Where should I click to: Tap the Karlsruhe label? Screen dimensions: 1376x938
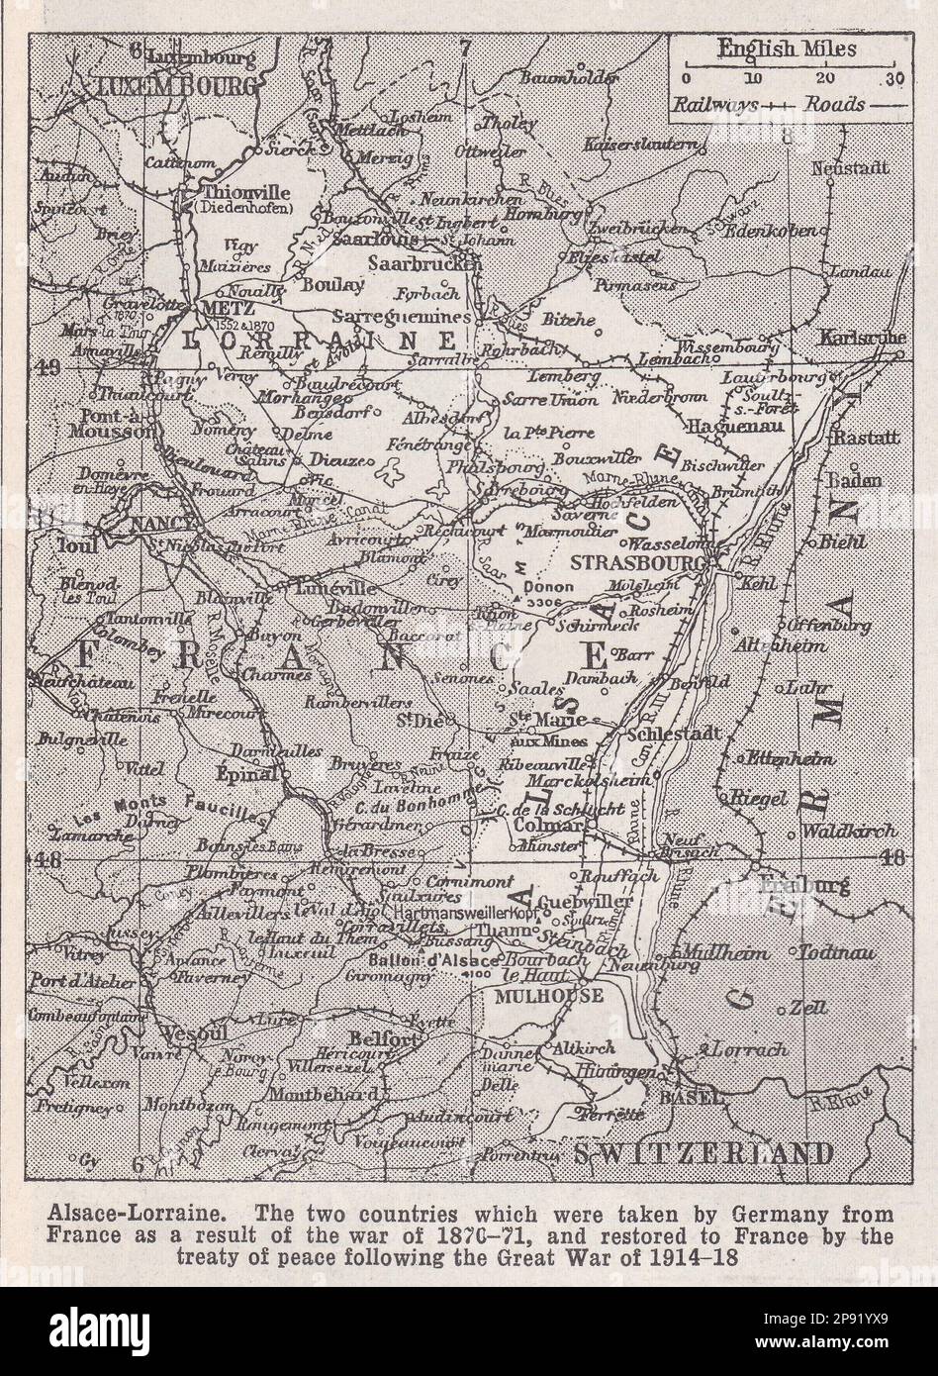tap(863, 339)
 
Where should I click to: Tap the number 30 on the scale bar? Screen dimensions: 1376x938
tap(893, 78)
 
